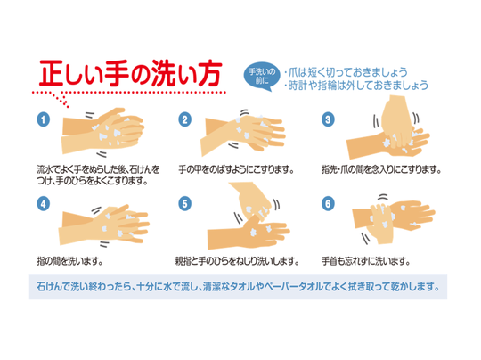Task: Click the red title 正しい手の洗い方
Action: (x=130, y=74)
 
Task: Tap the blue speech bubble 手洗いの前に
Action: (x=262, y=77)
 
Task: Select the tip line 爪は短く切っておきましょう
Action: (x=346, y=72)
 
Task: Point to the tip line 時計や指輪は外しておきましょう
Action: (x=356, y=86)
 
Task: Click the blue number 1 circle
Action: (x=44, y=119)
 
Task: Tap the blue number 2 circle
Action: (x=184, y=119)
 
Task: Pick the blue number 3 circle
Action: (x=328, y=119)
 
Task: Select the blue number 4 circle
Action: (x=44, y=204)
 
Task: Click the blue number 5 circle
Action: (x=184, y=204)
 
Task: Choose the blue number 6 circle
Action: (x=328, y=204)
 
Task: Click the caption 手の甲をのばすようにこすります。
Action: (x=237, y=169)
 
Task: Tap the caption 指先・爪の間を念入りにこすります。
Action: (x=381, y=169)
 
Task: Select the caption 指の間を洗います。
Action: (x=69, y=261)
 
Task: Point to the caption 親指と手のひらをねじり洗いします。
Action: (x=237, y=261)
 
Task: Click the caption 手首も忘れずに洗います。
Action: (x=366, y=261)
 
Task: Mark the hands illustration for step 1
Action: (x=102, y=131)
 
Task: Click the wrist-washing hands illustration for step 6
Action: (x=394, y=219)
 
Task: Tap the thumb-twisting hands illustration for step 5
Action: (x=249, y=216)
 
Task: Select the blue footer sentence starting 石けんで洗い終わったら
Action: (x=238, y=287)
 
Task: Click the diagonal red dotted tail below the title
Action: (x=61, y=100)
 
